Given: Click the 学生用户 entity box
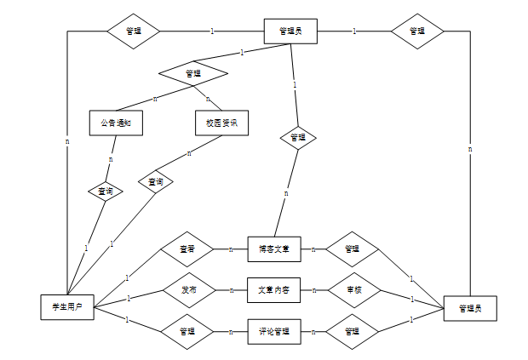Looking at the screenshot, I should click(67, 306).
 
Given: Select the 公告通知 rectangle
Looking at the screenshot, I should click(115, 123).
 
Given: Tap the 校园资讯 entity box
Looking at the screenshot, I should click(221, 123).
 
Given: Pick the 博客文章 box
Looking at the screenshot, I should click(274, 249).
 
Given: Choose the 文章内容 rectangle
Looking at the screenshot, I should click(274, 290).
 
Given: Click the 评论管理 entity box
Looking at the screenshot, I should click(274, 331).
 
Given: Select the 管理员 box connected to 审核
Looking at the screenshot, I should click(469, 307).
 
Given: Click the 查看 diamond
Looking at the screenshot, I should click(187, 249).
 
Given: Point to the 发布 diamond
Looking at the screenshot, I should click(188, 290).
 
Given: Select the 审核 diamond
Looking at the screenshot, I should click(353, 290).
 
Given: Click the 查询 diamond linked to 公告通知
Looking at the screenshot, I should click(106, 191).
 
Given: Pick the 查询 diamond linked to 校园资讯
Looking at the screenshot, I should click(156, 182).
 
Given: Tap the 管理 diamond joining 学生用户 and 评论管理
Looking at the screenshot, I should click(188, 331).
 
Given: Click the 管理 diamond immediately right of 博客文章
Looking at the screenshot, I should click(352, 249).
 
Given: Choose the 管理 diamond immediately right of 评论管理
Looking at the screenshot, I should click(352, 331).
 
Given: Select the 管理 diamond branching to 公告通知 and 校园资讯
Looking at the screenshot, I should click(192, 73).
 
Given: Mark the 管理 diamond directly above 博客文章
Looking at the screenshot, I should click(298, 137).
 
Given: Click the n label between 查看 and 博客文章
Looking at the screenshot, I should click(230, 249).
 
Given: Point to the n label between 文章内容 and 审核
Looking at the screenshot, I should click(314, 290).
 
